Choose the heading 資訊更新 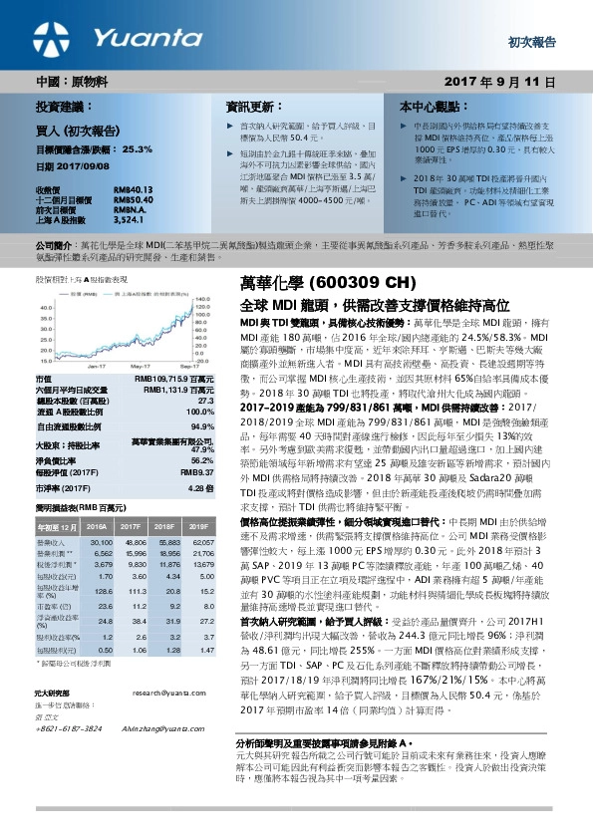tap(250, 105)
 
